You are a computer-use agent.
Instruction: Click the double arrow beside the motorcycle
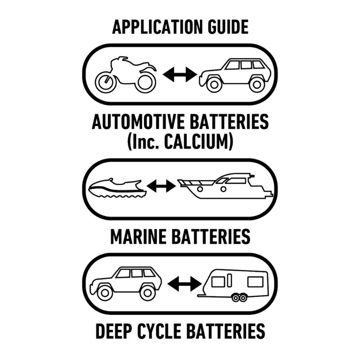click(180, 74)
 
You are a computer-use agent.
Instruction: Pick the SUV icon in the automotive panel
click(235, 74)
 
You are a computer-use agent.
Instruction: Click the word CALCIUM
click(198, 142)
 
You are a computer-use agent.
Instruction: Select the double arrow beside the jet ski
click(161, 186)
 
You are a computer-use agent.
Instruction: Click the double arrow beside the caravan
click(184, 283)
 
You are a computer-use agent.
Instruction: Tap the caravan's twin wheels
click(238, 297)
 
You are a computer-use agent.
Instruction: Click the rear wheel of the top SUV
click(256, 84)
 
